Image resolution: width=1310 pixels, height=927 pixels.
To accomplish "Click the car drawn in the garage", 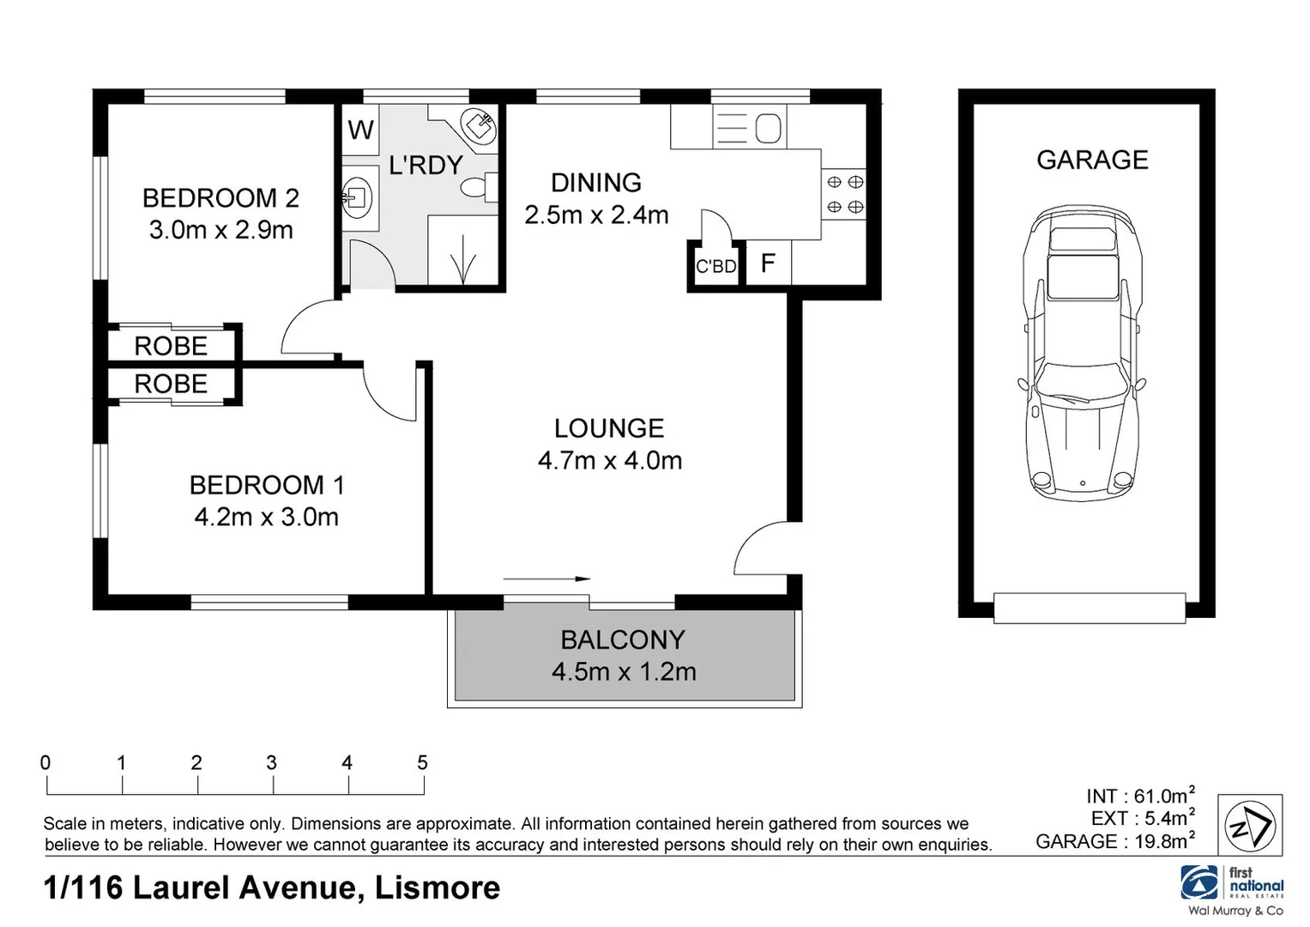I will tap(1082, 352).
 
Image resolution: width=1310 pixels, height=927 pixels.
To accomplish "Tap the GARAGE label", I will tap(1092, 160).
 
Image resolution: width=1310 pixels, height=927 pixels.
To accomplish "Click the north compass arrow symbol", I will tap(1251, 827).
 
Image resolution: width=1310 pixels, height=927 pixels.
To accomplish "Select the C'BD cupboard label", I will tap(715, 267).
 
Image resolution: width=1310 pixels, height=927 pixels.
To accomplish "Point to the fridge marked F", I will tap(768, 263).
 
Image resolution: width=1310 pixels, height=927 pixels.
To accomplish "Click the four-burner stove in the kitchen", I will tap(844, 195).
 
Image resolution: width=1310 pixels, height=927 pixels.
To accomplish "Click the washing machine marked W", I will tap(360, 130).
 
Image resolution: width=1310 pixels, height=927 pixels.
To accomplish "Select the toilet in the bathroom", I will tap(477, 186).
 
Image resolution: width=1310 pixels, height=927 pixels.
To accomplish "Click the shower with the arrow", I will tap(462, 251).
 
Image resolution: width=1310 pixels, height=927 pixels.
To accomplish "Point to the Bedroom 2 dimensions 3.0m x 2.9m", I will tap(221, 230).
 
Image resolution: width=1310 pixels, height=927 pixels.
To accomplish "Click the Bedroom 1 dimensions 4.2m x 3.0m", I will tap(266, 517).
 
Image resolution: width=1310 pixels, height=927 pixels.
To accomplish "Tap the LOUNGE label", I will tap(609, 428).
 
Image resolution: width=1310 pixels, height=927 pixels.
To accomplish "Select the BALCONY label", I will tap(623, 639).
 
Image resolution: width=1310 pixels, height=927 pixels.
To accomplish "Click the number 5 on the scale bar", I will tap(422, 762).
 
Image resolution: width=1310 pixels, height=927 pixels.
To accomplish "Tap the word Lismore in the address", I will tap(438, 888).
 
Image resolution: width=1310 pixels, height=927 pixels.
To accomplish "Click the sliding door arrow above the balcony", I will tap(546, 579).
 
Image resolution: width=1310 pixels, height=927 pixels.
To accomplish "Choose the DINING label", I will tap(596, 183).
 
